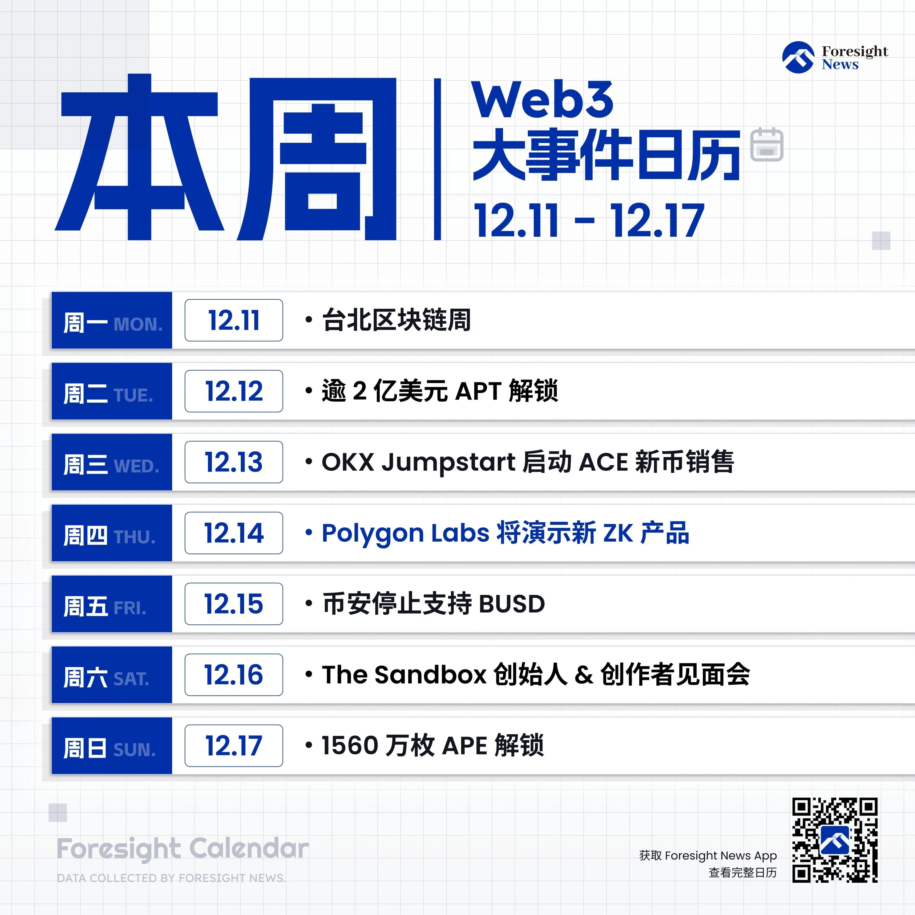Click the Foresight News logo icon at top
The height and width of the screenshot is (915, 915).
pos(799,57)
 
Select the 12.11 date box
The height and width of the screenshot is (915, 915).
pos(234,320)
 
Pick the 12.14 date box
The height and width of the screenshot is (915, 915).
pos(234,533)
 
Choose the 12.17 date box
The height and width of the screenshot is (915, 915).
pos(234,746)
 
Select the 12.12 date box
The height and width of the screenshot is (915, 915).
pos(234,391)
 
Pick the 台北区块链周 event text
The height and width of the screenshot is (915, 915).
pos(396,320)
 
